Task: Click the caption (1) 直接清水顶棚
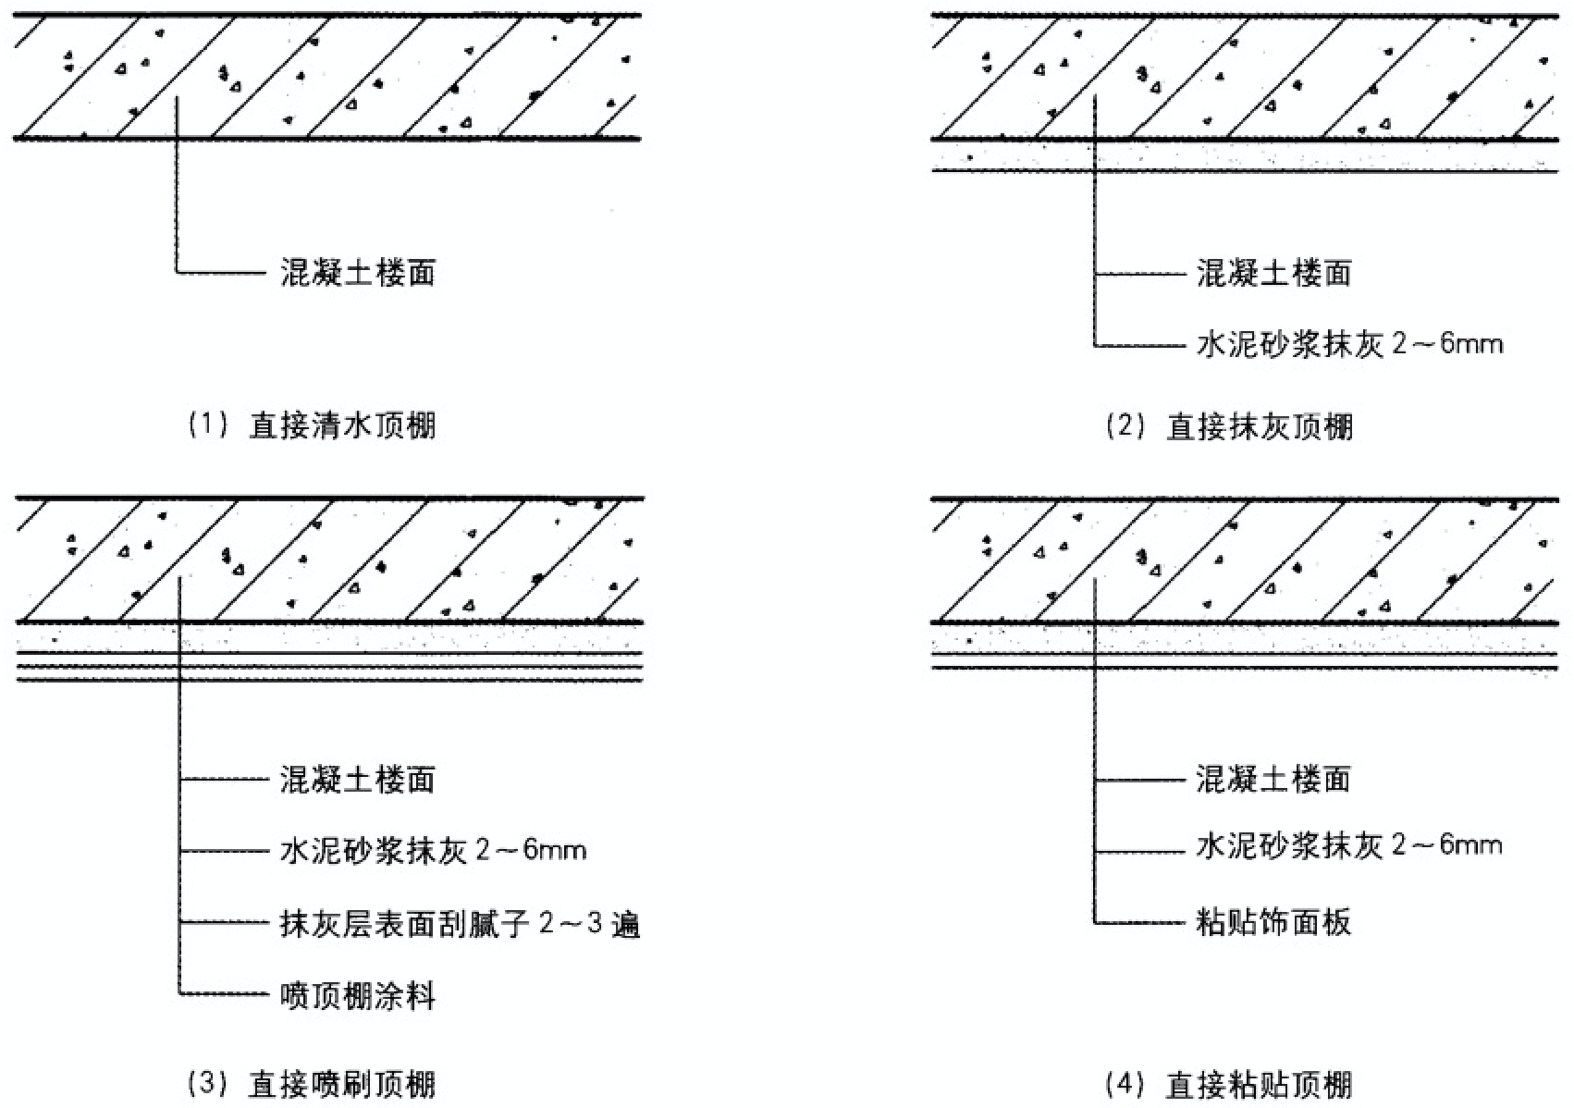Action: pos(312,426)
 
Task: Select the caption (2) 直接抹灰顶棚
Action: pos(1229,426)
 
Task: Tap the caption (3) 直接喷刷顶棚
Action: pos(312,1084)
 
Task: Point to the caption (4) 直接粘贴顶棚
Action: pos(1229,1084)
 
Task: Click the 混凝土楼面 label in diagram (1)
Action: pos(357,273)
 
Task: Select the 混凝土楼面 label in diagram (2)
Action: pos(1273,273)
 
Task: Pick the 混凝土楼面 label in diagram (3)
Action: pos(357,780)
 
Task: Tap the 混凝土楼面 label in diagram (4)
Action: pos(1273,779)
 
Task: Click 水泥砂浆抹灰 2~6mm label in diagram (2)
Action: pos(1349,345)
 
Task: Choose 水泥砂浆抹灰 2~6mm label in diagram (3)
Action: pos(433,850)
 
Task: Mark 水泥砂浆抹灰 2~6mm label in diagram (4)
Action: pos(1349,845)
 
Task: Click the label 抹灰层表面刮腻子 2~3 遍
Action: pos(460,924)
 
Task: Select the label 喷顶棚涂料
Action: pos(357,996)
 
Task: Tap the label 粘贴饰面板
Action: pos(1273,922)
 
